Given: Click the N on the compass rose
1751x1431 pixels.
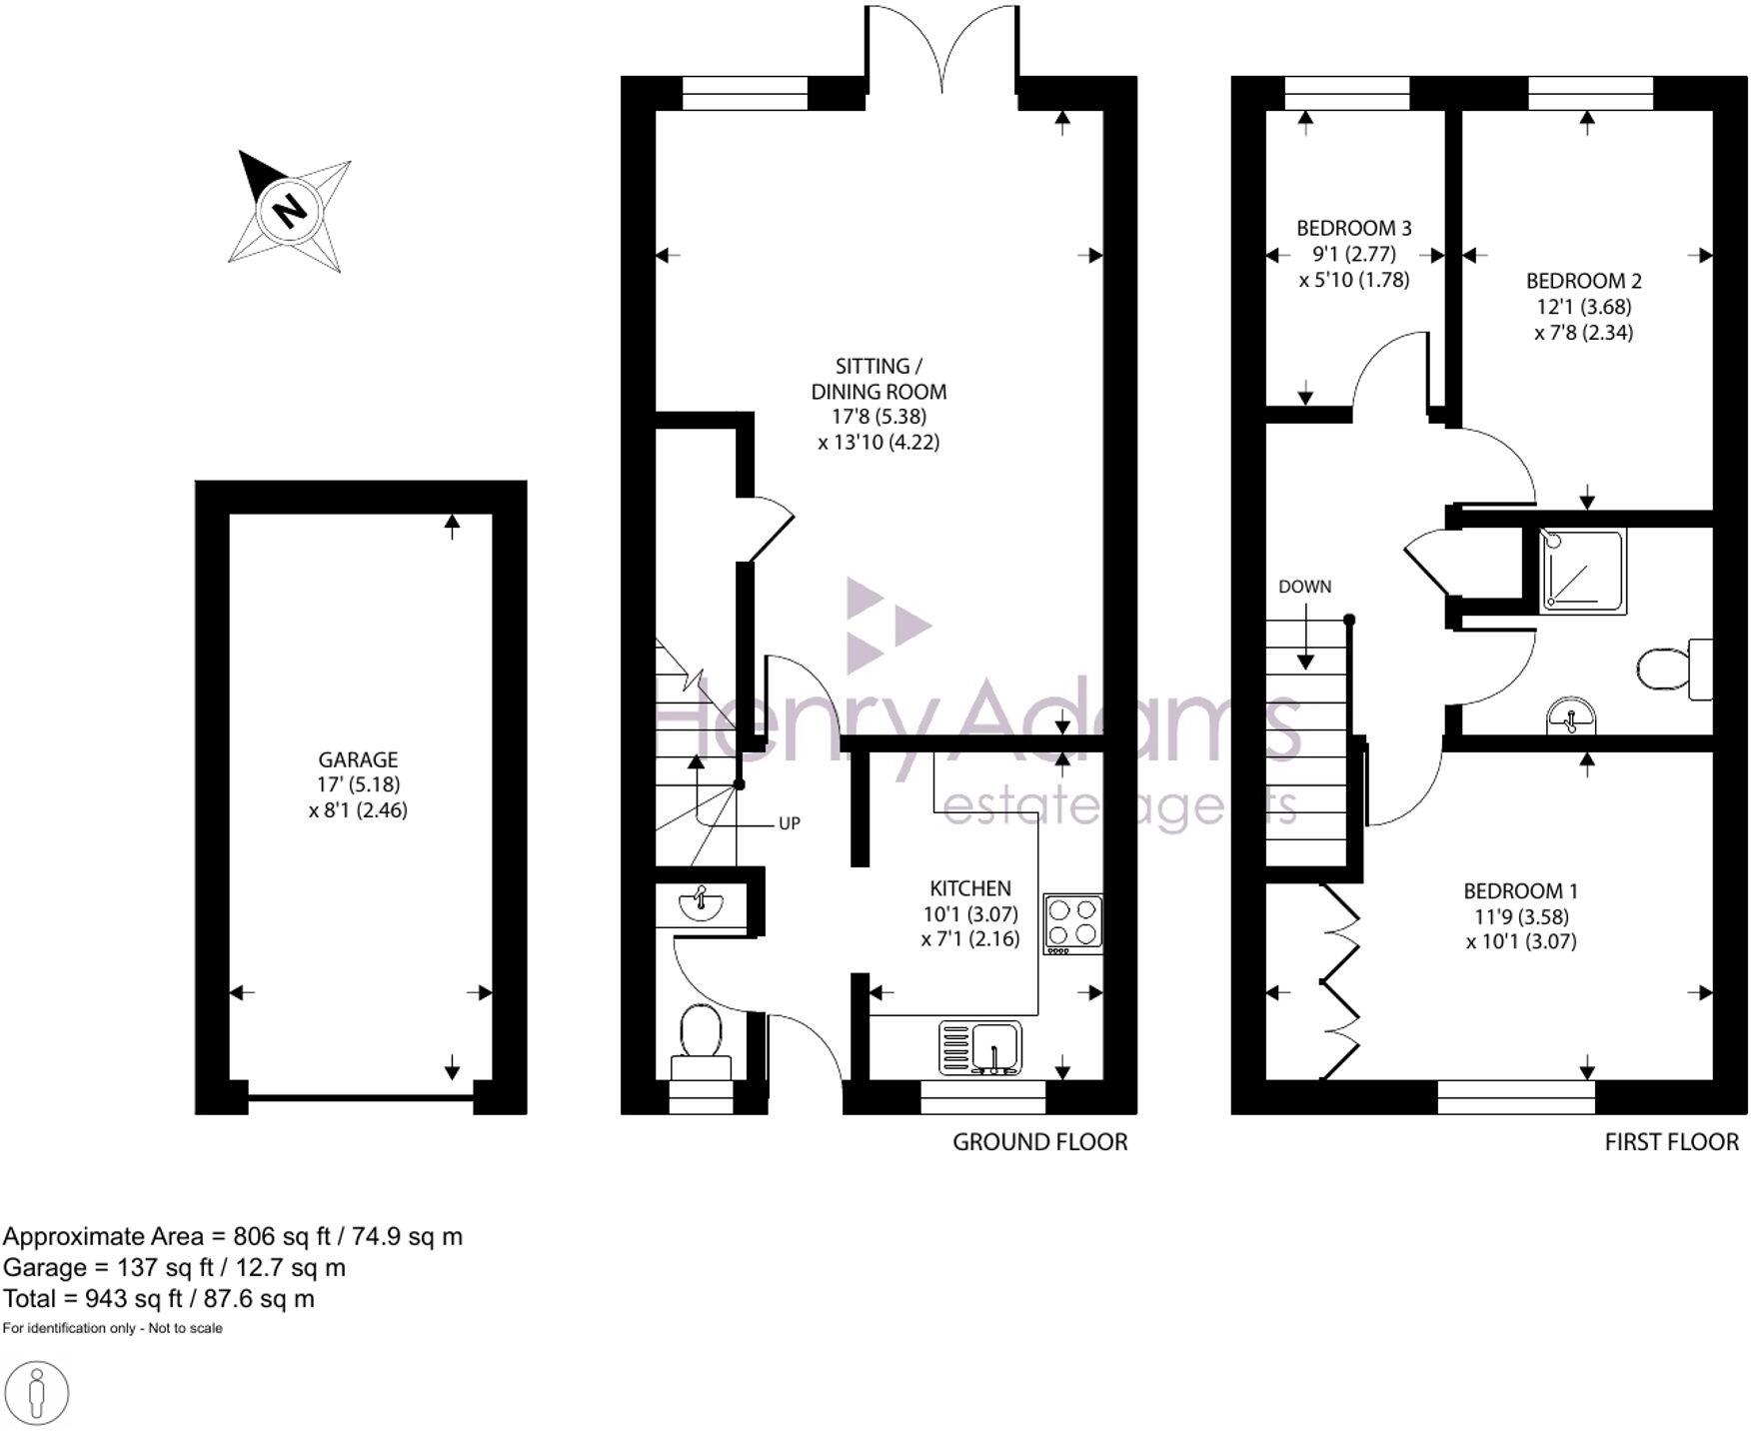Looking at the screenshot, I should pos(290,211).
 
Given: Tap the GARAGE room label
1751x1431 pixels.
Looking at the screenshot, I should pos(358,759).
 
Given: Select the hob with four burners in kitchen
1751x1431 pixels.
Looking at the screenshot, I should pos(1073,922).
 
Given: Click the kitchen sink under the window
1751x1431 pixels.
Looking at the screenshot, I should pos(980,1047).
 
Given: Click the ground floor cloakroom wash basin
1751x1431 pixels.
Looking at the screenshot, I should pos(701,904).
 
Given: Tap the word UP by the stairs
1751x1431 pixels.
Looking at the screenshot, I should pos(789,824).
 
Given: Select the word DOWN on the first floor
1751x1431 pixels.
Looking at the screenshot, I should pos(1304,587).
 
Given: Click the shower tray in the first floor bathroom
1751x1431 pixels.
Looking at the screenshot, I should pos(1582,571).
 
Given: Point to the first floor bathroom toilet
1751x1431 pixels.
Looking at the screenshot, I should pos(1671,670).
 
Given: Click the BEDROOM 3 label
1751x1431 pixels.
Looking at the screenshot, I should pos(1353,229).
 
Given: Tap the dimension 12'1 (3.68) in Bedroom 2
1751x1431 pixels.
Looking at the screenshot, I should pos(1583,307).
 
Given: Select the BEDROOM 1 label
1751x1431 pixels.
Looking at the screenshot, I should pos(1520,890).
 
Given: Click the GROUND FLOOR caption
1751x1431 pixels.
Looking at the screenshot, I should pos(1039,1141).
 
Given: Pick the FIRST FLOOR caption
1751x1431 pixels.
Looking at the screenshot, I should pos(1671,1141).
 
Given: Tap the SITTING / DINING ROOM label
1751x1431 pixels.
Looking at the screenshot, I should pos(878,379).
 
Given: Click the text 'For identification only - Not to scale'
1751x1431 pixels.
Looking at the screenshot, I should pos(113,1328).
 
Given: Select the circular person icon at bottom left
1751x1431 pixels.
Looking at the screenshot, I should pos(38,1392).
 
